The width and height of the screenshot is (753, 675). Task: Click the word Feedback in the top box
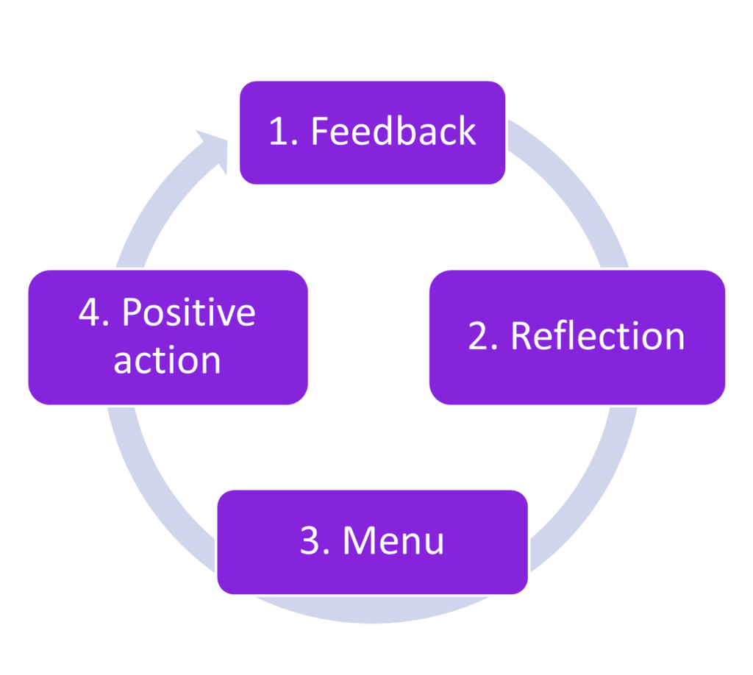coord(393,132)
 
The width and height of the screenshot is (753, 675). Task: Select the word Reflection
coord(597,336)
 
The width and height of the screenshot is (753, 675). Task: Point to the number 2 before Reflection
coord(479,337)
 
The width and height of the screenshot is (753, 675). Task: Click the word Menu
coord(393,541)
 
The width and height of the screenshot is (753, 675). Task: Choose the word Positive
coord(188,313)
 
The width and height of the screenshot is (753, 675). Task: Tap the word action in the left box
coord(167,360)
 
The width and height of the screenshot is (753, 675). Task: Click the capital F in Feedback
coord(320,132)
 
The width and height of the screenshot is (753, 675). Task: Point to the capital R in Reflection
coord(521,336)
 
